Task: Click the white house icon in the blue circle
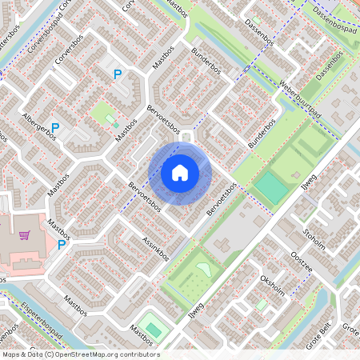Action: (x=180, y=172)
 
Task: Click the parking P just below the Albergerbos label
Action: (x=55, y=126)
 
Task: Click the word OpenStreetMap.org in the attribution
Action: (x=90, y=354)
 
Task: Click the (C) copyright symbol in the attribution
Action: (x=50, y=354)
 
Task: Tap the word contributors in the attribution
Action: (x=139, y=354)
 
